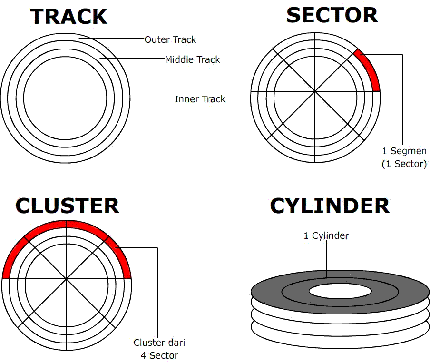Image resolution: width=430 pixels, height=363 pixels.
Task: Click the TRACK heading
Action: click(69, 17)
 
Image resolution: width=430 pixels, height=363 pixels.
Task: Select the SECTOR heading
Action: click(332, 15)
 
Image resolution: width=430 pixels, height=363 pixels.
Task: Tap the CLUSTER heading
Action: click(67, 206)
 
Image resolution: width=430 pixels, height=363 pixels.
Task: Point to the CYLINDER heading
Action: click(330, 206)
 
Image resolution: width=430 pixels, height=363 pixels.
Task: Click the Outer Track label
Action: click(170, 39)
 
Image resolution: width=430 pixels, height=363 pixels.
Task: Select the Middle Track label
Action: click(193, 59)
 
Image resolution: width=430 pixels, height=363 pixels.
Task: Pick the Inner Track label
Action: click(200, 99)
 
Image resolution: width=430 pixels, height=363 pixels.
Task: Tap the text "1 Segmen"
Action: click(404, 151)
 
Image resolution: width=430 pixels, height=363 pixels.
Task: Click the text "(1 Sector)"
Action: click(404, 164)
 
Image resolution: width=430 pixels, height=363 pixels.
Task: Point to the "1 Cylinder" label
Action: click(326, 235)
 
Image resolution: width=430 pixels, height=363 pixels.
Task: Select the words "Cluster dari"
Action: click(159, 343)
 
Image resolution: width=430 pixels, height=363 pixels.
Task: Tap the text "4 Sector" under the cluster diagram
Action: click(159, 355)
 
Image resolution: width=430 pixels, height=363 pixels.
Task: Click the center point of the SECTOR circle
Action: click(315, 91)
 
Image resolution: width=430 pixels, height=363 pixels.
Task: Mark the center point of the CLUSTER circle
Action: click(66, 279)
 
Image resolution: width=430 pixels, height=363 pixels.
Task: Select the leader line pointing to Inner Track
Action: click(143, 98)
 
